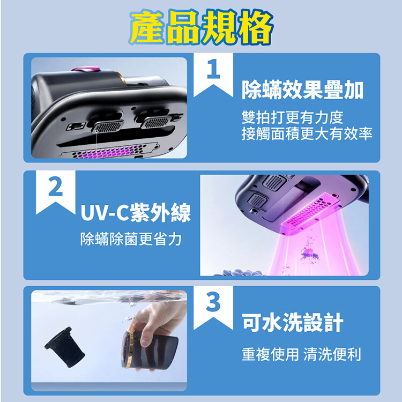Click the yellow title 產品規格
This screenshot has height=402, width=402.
[201, 28]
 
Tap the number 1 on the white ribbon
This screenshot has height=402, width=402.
[213, 69]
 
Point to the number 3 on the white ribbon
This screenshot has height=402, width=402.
[213, 302]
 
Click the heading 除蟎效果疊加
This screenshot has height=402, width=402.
[302, 90]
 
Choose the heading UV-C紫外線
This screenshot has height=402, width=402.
[136, 213]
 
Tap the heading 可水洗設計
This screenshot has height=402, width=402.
[293, 323]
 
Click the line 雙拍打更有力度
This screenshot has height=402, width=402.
[292, 118]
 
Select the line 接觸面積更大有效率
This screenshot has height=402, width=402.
[307, 134]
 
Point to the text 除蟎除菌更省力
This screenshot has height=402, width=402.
[131, 239]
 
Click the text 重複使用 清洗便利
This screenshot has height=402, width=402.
[301, 354]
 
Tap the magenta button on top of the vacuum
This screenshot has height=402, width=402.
[85, 69]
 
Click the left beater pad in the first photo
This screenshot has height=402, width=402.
[108, 126]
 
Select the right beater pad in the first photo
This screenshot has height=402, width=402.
[156, 122]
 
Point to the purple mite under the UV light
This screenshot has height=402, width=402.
[309, 254]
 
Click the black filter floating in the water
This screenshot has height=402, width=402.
[65, 347]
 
